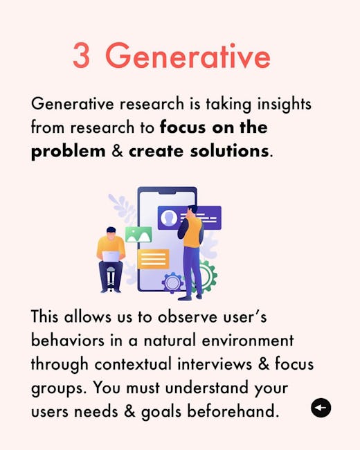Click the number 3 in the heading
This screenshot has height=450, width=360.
pyautogui.click(x=81, y=55)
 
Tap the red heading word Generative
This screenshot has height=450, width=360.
pyautogui.click(x=188, y=55)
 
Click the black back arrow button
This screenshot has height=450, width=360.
pyautogui.click(x=321, y=408)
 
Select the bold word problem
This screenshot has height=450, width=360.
pyautogui.click(x=68, y=152)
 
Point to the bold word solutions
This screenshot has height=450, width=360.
pyautogui.click(x=229, y=150)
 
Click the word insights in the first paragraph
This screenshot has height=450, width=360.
pyautogui.click(x=285, y=104)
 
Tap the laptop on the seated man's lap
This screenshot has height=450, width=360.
pyautogui.click(x=111, y=257)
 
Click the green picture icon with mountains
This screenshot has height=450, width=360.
pyautogui.click(x=138, y=234)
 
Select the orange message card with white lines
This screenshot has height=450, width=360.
pyautogui.click(x=153, y=259)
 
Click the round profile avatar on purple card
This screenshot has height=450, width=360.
pyautogui.click(x=169, y=218)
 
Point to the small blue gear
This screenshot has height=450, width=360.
pyautogui.click(x=172, y=282)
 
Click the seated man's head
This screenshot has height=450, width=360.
pyautogui.click(x=111, y=233)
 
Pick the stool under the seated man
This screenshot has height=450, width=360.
pyautogui.click(x=111, y=278)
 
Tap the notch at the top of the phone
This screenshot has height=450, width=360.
pyautogui.click(x=167, y=192)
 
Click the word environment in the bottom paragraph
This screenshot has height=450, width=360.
pyautogui.click(x=248, y=341)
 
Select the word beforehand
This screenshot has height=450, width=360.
pyautogui.click(x=233, y=411)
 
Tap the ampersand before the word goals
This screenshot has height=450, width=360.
pyautogui.click(x=129, y=411)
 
